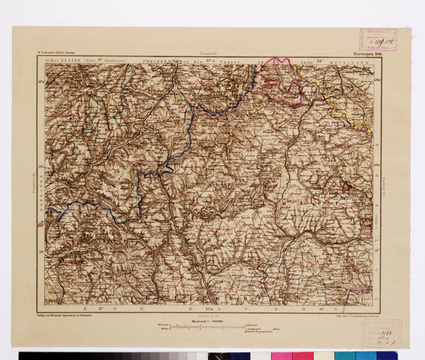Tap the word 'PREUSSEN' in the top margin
point(157,61)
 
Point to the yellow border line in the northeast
point(332,95)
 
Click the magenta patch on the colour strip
point(302,356)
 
